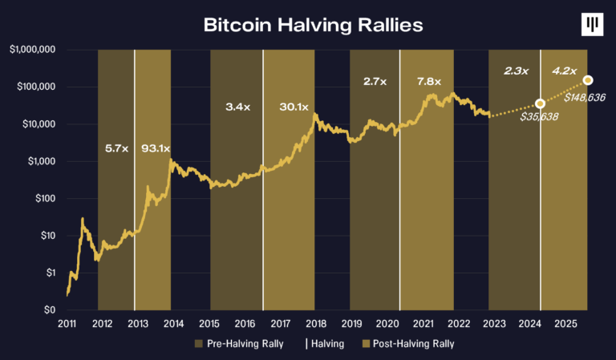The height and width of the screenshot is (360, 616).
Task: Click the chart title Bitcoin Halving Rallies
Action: pos(312,25)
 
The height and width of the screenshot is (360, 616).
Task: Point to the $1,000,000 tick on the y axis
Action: pos(32,50)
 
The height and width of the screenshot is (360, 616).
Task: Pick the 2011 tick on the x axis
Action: pos(67,323)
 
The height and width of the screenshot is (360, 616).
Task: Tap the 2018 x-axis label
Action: pos(315,323)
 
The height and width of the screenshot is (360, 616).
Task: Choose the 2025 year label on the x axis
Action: pos(562,323)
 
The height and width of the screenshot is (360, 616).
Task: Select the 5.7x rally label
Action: pos(116,148)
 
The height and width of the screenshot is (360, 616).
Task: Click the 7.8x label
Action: pos(430,81)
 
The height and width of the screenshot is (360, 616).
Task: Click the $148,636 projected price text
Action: pos(584,97)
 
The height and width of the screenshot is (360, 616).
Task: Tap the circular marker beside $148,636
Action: pos(588,80)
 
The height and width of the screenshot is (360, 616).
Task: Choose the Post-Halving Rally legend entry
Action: pos(410,343)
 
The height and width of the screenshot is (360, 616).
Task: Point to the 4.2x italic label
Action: pos(565,71)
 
